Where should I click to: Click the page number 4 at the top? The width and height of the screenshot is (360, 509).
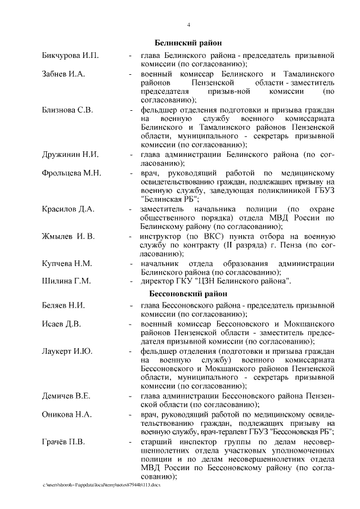[x=188, y=25]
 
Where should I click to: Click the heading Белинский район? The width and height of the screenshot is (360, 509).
[x=188, y=43]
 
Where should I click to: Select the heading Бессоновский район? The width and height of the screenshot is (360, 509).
[x=187, y=294]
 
